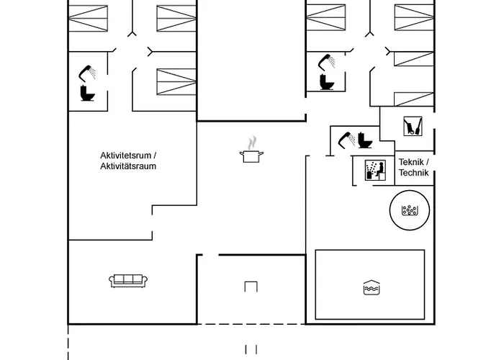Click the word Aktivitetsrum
[x=126, y=156]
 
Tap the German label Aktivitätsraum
[x=128, y=166]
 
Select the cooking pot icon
[x=251, y=156]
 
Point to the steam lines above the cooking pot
[x=251, y=143]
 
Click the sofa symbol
[x=129, y=280]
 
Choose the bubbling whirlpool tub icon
[x=410, y=211]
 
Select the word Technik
[x=413, y=173]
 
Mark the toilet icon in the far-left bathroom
[x=88, y=93]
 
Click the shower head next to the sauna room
[x=346, y=136]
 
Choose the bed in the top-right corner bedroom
[x=414, y=19]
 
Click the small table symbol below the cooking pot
[x=251, y=286]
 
